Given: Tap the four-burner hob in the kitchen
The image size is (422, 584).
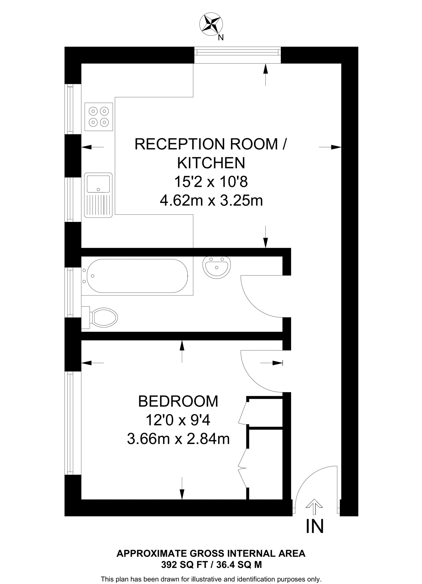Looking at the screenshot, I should click(99, 117).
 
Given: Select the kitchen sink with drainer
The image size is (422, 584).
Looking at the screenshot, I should click(98, 195).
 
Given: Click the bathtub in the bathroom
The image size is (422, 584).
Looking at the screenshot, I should click(137, 276).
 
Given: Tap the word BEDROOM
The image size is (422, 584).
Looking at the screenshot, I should click(178, 401).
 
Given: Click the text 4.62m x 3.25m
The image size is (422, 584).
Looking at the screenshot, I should click(211, 200).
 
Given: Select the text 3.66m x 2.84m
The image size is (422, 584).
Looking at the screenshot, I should click(178, 439).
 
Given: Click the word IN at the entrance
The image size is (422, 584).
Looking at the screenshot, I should click(315, 526).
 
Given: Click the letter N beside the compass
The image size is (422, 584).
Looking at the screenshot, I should click(221, 38).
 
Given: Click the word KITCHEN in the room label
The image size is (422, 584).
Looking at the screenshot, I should click(211, 163).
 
